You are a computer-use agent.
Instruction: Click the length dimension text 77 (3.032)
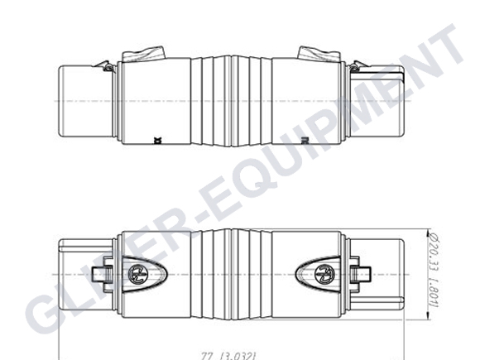click(236, 353)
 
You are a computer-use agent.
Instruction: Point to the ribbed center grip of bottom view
click(229, 272)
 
